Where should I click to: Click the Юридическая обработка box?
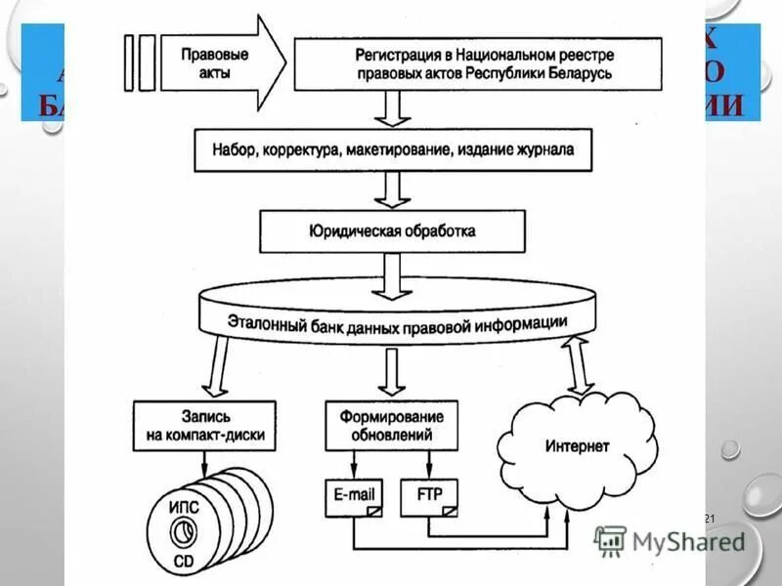[x=393, y=232]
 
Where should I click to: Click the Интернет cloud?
[x=577, y=446]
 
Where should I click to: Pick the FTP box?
[x=429, y=496]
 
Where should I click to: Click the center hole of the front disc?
[x=182, y=534]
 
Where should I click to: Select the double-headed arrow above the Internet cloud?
[x=578, y=365]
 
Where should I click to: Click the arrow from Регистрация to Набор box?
[x=394, y=107]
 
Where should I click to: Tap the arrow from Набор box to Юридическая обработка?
[x=394, y=189]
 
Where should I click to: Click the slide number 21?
[x=711, y=518]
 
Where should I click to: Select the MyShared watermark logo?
[x=670, y=540]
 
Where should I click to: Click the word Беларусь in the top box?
[x=579, y=74]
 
